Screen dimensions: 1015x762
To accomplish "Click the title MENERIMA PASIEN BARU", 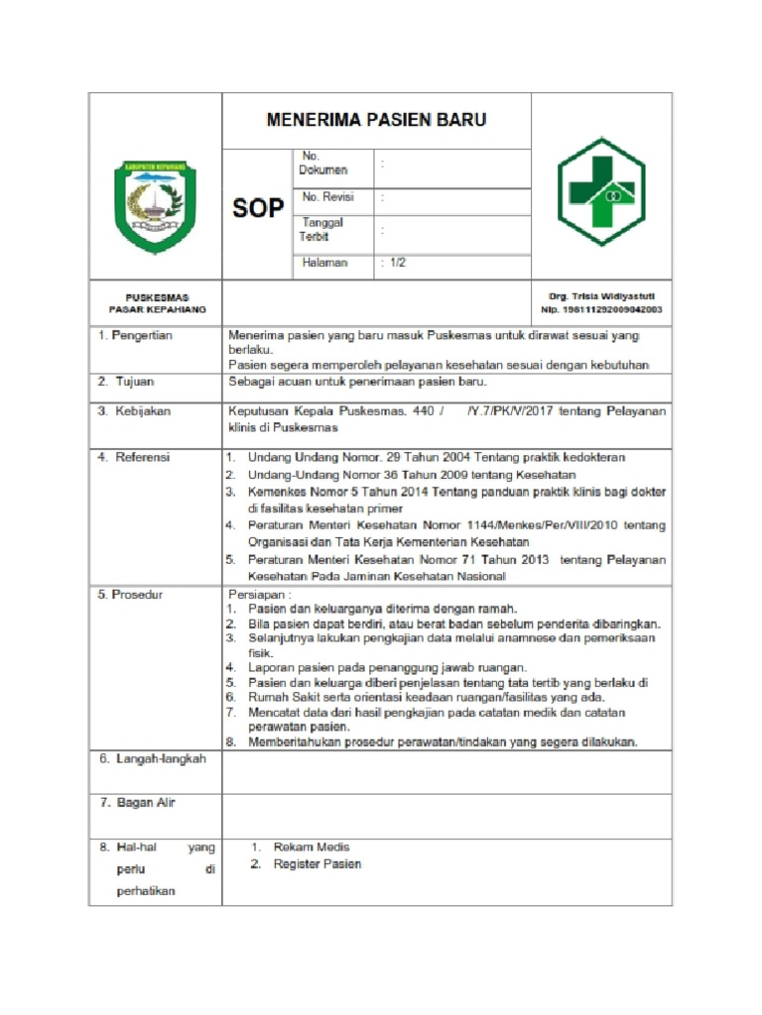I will tap(376, 121).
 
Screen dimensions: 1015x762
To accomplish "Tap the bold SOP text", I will tap(258, 208).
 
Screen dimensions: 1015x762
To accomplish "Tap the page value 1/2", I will tap(396, 263).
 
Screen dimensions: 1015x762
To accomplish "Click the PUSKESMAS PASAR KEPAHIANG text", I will tap(157, 303).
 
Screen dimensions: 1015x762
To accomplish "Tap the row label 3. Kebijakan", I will tap(134, 409).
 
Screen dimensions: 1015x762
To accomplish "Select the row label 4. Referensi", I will tap(134, 457).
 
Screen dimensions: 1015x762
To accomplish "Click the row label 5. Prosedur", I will tap(131, 595).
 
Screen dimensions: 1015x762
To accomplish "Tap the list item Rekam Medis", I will tap(312, 847).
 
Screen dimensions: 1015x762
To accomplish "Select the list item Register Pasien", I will tap(317, 864).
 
